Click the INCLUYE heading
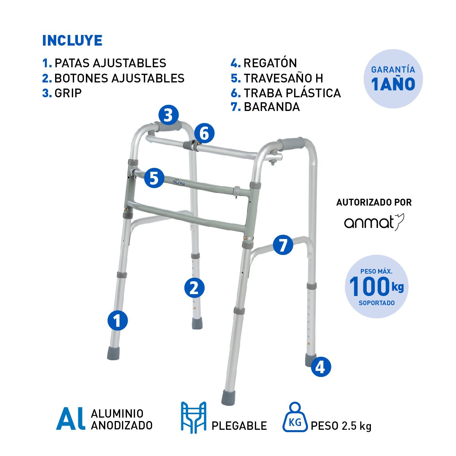click(72, 40)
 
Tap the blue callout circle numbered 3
click(168, 116)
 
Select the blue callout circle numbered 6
click(204, 133)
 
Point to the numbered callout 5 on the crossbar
click(154, 178)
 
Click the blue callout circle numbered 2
click(195, 288)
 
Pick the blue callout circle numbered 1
click(117, 320)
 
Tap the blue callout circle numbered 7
click(283, 245)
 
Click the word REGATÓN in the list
click(270, 63)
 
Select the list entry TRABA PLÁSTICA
click(292, 93)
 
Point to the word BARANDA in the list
click(272, 107)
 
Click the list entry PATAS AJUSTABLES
click(111, 63)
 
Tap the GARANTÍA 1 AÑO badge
click(393, 79)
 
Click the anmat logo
click(374, 222)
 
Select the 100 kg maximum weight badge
click(377, 287)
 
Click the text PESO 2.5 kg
click(341, 426)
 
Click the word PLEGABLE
click(239, 426)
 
